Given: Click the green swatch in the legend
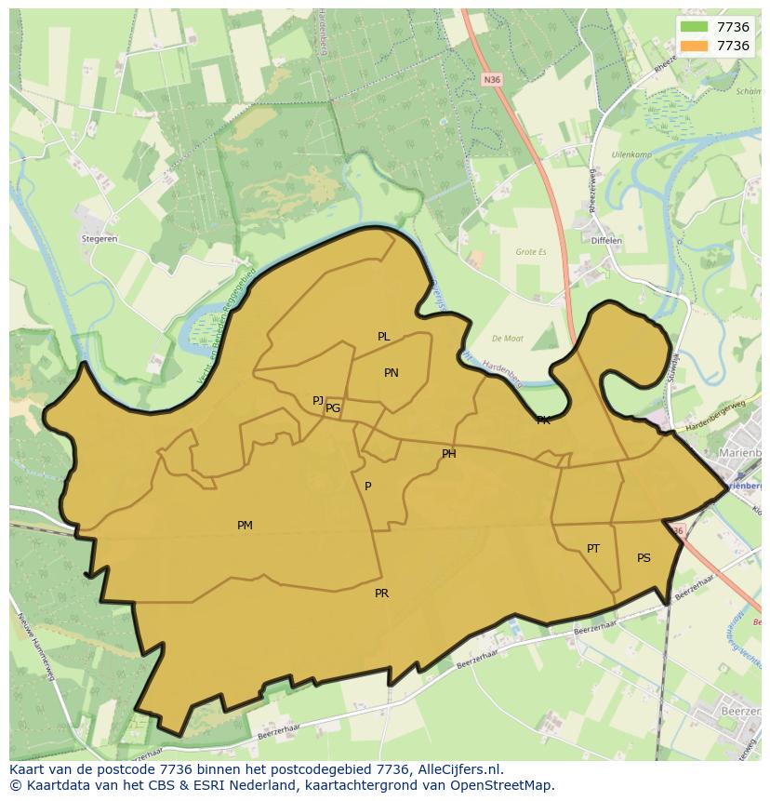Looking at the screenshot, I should [x=694, y=27].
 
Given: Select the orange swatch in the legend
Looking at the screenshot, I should [x=694, y=46].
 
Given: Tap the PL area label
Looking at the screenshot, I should [x=383, y=337].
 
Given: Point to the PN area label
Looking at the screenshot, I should [x=392, y=373].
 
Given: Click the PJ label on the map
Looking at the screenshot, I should [x=318, y=401].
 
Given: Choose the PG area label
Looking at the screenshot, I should [x=333, y=408].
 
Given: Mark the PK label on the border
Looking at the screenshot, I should [x=543, y=421].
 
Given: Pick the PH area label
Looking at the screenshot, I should [x=449, y=454].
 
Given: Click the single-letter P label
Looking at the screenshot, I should [x=368, y=487].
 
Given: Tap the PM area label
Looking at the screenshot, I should [x=245, y=526].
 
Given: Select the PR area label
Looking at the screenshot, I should [x=381, y=594].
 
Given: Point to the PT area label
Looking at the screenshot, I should [x=593, y=549].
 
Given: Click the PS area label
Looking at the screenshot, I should [x=644, y=558].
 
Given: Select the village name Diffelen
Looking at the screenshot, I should [x=606, y=241].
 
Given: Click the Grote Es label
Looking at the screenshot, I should [x=532, y=251].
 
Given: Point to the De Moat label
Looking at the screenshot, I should [x=509, y=339].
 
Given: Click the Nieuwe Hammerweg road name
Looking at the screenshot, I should [x=35, y=647].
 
